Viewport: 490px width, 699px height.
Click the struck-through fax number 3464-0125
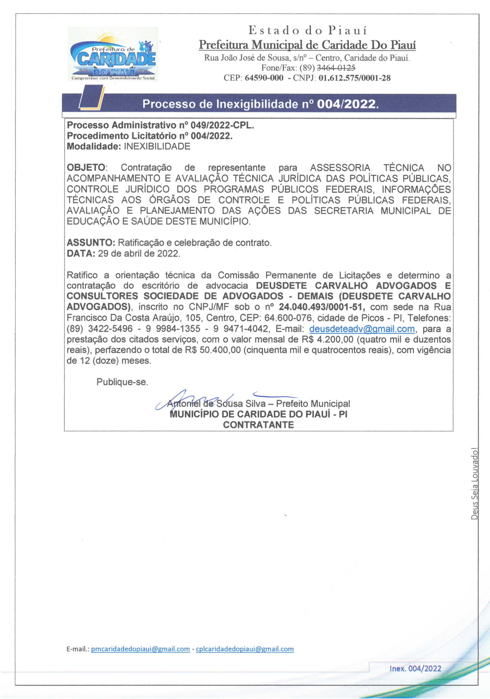pos(336,68)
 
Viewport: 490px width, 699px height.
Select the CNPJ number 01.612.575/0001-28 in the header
pos(355,78)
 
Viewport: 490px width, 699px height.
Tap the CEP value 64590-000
pos(264,78)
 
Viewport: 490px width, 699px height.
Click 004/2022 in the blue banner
pos(346,105)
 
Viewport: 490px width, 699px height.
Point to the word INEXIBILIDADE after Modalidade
pos(157,146)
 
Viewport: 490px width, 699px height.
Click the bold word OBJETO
pos(86,168)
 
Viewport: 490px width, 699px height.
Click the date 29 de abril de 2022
pos(139,253)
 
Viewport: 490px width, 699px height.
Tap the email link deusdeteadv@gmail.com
pos(362,329)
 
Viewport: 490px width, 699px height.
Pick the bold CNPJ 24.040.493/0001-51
pos(320,307)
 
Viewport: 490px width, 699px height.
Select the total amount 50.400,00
pos(220,350)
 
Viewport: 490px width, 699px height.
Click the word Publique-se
pos(122,382)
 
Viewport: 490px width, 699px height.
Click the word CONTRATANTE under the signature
pos(258,425)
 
